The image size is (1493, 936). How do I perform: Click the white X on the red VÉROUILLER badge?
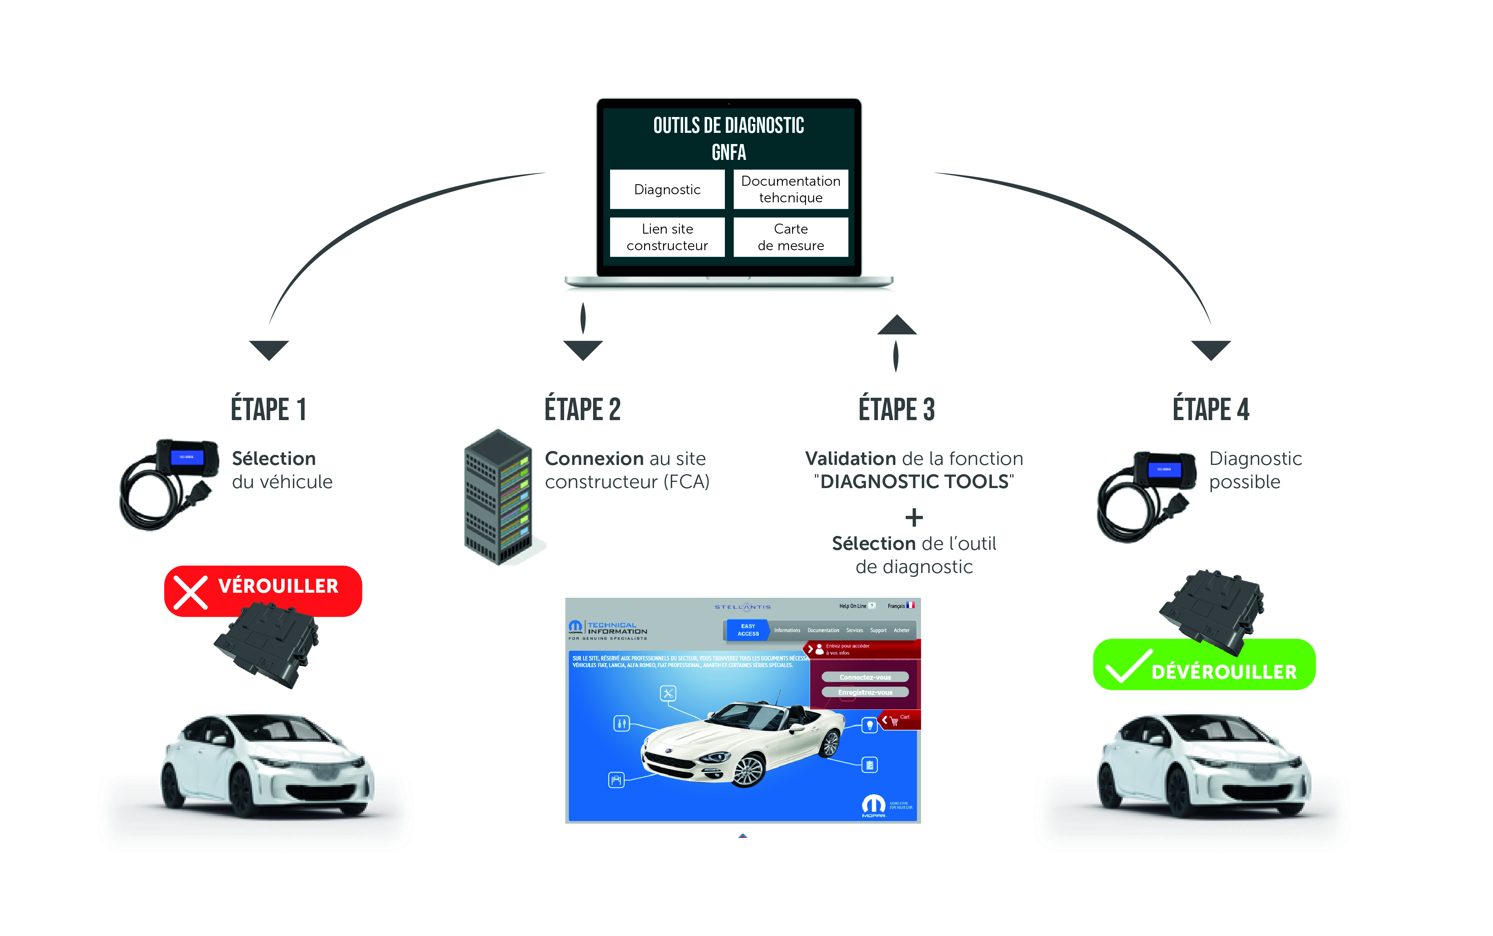tap(190, 592)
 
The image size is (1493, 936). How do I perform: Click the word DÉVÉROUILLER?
tap(1224, 671)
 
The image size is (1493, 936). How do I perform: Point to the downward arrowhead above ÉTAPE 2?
tap(583, 350)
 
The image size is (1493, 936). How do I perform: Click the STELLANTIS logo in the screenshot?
tap(743, 607)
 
